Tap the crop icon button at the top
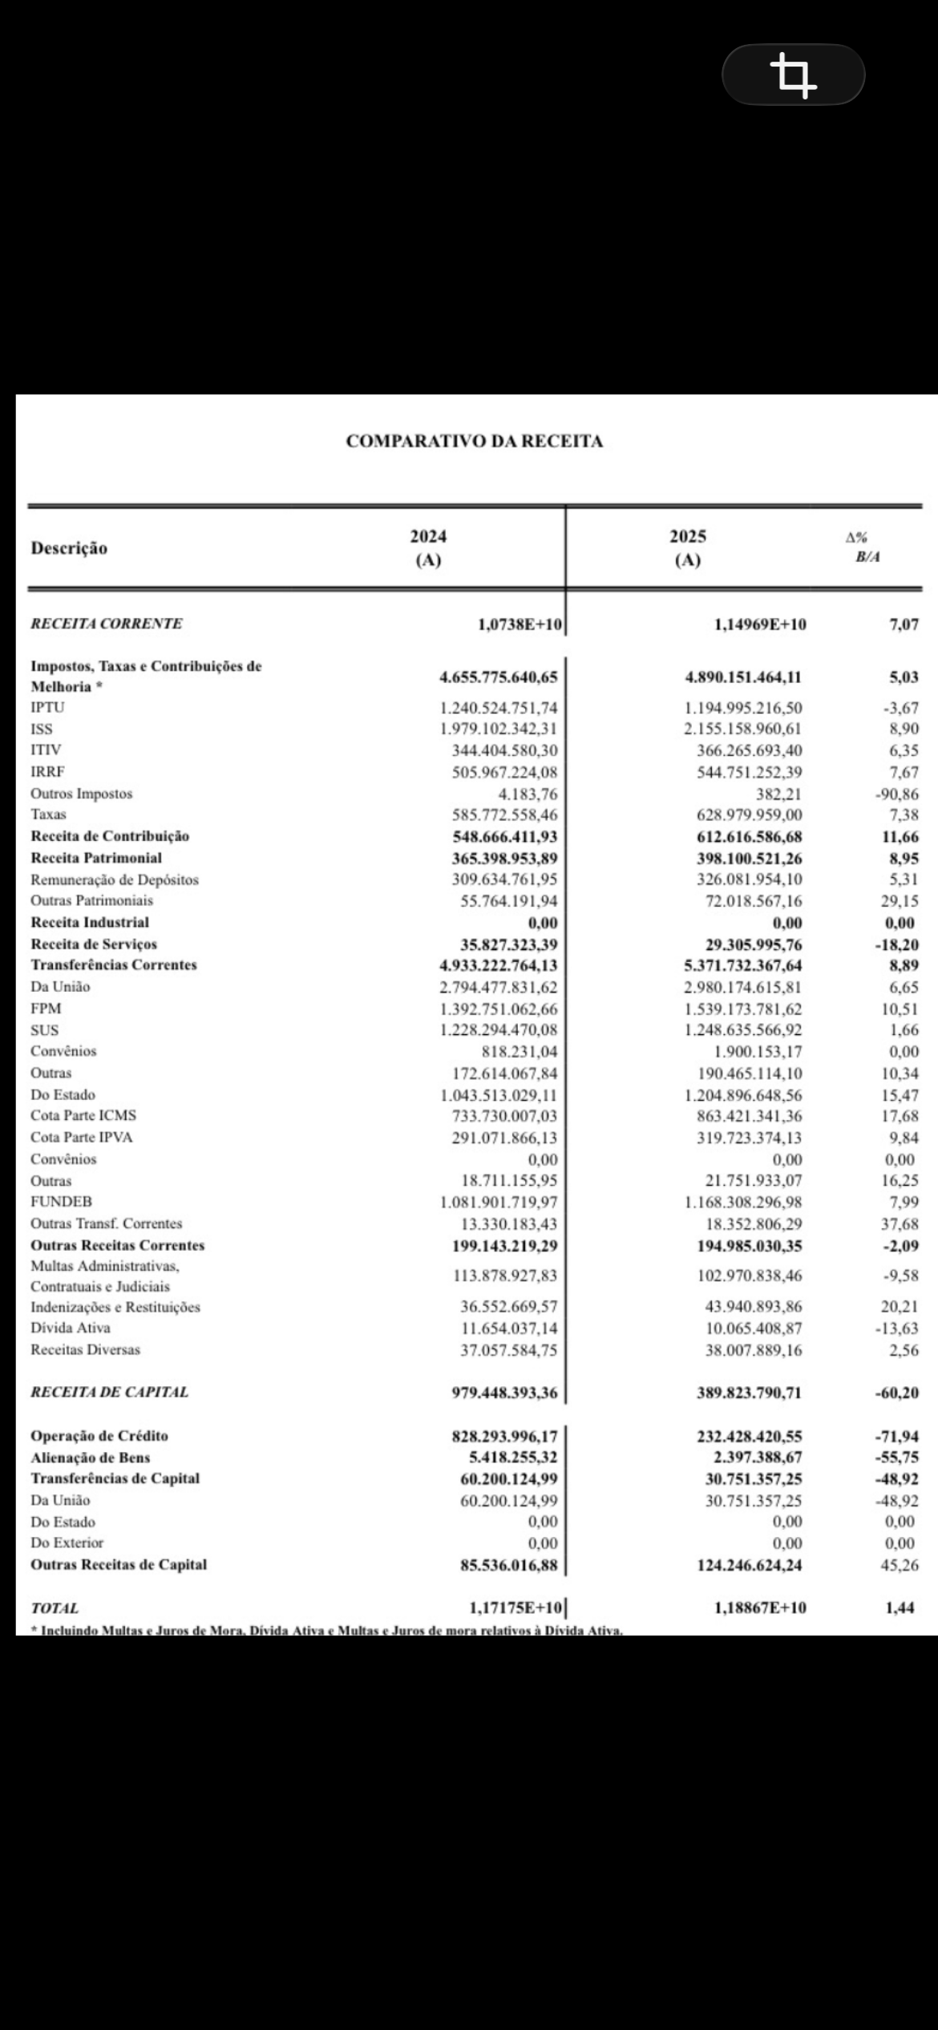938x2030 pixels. click(793, 75)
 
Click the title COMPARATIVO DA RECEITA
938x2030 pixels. click(475, 441)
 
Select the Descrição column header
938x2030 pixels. click(69, 548)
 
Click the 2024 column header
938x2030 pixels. click(428, 548)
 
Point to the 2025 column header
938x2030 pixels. click(688, 548)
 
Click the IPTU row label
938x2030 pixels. click(47, 708)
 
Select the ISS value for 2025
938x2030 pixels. click(742, 730)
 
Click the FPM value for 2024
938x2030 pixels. click(498, 1009)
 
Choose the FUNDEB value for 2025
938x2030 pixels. click(742, 1202)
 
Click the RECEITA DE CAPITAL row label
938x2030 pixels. click(109, 1393)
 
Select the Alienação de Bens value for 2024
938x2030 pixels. click(513, 1458)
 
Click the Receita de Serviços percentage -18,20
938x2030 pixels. click(896, 944)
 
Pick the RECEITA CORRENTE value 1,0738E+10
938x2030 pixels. click(520, 625)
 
